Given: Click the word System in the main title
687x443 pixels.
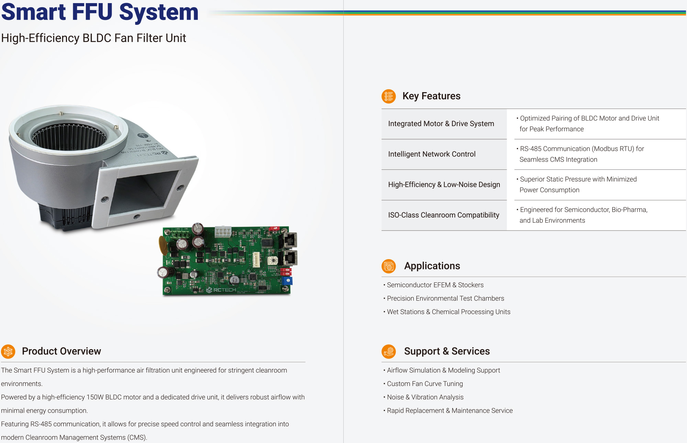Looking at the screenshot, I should tap(159, 12).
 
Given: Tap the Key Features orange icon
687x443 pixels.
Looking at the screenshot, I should tap(388, 96).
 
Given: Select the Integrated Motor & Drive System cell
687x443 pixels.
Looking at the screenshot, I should tap(441, 124).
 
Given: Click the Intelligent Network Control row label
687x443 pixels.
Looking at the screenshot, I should tap(432, 154).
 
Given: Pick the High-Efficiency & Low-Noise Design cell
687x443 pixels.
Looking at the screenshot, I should tap(444, 185).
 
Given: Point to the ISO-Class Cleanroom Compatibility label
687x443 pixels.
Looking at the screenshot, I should tap(443, 215).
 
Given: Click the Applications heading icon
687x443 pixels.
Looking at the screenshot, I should tap(388, 266).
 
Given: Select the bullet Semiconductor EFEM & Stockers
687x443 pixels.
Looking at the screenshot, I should tap(435, 285).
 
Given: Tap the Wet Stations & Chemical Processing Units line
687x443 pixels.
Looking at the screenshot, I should tap(448, 312).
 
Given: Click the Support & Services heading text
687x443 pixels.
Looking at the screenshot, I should tap(447, 351).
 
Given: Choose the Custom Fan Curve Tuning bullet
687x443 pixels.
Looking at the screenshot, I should tap(425, 384).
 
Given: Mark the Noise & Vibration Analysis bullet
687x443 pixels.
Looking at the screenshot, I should tap(425, 397).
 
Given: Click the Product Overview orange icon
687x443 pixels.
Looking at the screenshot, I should tap(8, 351).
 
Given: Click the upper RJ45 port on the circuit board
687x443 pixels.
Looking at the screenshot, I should tap(290, 240).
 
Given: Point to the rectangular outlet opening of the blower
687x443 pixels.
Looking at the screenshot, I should tap(143, 193).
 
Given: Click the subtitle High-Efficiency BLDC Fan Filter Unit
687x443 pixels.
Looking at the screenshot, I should tap(93, 38).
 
